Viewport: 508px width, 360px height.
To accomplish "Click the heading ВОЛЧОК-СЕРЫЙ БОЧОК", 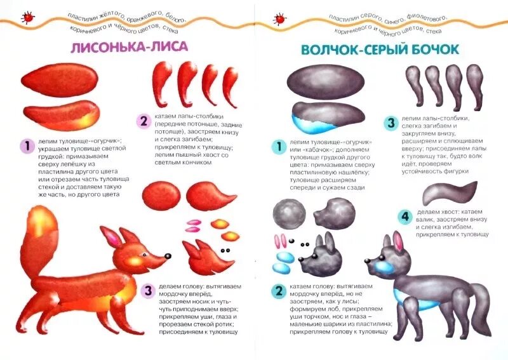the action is [x=380, y=49].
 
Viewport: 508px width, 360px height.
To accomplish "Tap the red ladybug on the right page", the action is [x=279, y=20].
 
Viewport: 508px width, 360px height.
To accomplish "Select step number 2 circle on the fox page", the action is [x=144, y=121].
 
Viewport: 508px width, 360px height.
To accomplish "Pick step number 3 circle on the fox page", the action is [x=147, y=291].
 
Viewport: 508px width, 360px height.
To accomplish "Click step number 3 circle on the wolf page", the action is [x=391, y=123].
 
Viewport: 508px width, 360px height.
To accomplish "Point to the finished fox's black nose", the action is [x=168, y=256].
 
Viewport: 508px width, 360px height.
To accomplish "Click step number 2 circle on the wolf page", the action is [x=277, y=291].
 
